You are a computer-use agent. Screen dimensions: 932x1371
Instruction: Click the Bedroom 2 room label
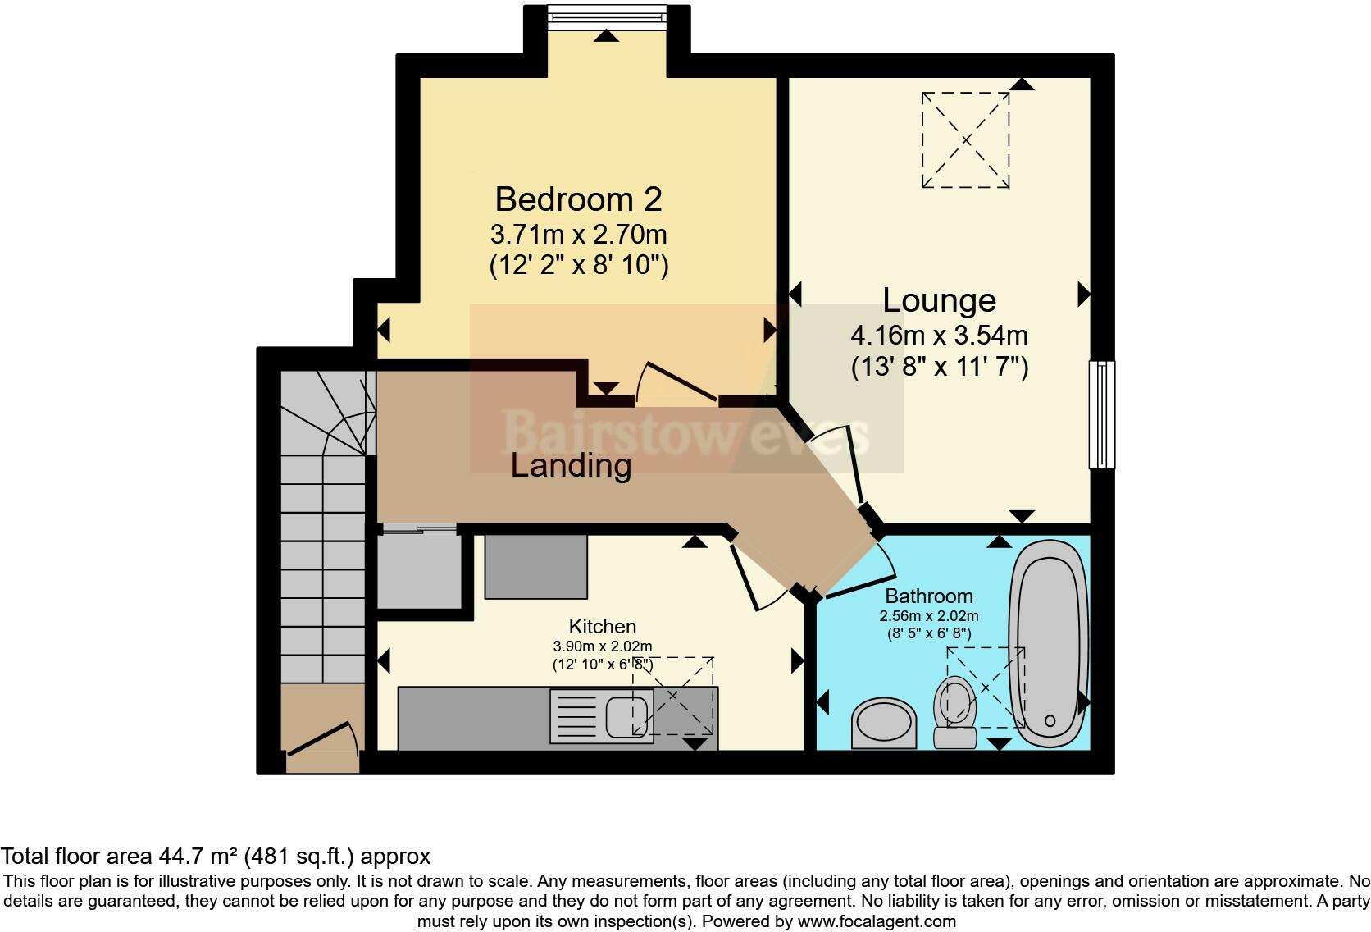click(x=578, y=199)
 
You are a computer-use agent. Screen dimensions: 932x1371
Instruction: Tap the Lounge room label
click(x=939, y=300)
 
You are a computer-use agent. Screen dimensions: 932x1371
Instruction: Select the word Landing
click(x=571, y=465)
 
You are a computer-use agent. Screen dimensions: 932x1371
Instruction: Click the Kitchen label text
click(x=603, y=626)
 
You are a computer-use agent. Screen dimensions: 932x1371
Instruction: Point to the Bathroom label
click(x=928, y=596)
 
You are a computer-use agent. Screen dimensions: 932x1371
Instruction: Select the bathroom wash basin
click(x=884, y=724)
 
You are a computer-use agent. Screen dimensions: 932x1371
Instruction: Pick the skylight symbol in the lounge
click(x=965, y=140)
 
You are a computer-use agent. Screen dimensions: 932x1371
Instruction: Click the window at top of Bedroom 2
click(x=607, y=16)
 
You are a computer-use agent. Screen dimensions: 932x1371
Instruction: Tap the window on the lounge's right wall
click(x=1102, y=414)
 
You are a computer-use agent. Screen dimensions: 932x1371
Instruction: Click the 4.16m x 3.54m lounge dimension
click(x=939, y=335)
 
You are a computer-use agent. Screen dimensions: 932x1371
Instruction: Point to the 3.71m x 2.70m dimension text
click(x=578, y=235)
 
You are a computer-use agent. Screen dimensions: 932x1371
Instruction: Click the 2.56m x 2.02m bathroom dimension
click(x=928, y=616)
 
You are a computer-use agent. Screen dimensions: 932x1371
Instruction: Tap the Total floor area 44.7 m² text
click(x=216, y=857)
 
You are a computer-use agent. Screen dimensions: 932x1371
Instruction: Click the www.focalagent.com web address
click(x=877, y=921)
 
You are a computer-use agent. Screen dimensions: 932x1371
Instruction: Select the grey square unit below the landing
click(x=535, y=566)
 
